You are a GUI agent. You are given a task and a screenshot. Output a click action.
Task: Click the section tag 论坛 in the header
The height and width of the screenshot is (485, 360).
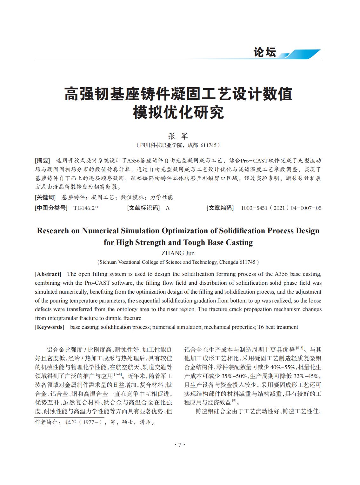pos(264,52)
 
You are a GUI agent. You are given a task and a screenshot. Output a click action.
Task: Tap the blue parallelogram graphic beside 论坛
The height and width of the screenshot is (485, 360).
pos(303,54)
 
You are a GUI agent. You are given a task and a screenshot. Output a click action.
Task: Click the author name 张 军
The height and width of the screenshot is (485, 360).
pos(178,136)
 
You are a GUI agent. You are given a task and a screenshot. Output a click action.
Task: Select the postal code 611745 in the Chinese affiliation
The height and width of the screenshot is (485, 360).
pos(208,145)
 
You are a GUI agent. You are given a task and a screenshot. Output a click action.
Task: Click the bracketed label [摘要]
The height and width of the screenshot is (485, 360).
pos(42,160)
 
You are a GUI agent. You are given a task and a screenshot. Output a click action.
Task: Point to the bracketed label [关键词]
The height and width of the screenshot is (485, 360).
pos(45,197)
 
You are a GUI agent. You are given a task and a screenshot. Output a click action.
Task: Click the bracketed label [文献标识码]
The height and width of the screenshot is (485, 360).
pos(143,208)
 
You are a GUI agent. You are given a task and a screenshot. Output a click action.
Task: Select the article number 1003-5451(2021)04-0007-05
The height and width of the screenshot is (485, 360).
pos(281,208)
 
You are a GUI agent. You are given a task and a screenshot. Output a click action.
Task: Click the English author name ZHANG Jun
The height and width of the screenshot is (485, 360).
pos(178,253)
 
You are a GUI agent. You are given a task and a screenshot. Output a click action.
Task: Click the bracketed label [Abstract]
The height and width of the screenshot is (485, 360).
pos(48,274)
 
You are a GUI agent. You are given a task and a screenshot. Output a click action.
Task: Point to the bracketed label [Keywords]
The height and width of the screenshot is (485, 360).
pos(50,327)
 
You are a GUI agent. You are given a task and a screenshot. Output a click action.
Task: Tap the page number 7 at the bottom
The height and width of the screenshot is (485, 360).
pos(180,445)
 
